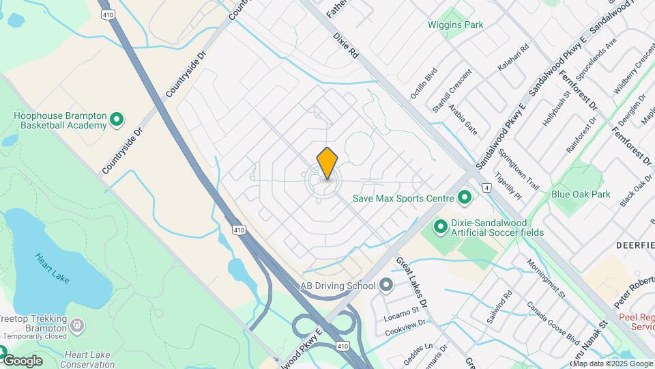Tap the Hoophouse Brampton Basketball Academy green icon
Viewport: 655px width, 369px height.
pos(117,120)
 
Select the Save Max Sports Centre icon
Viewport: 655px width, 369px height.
pos(465,199)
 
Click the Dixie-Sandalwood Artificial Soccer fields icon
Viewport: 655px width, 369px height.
pos(440,225)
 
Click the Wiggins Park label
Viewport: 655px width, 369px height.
pos(455,25)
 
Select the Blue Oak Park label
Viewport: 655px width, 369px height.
pos(581,194)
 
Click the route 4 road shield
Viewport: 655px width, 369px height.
pos(486,187)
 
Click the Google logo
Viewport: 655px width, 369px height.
pos(22,360)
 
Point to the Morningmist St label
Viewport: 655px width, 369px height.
pos(547,278)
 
